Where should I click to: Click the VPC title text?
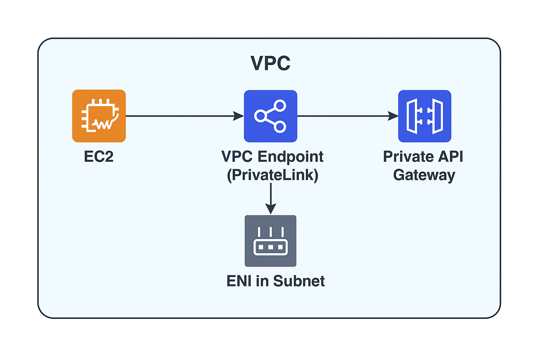click(270, 63)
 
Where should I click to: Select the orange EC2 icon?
click(99, 116)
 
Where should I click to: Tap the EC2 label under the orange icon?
click(99, 156)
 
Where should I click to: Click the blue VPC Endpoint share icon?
click(270, 116)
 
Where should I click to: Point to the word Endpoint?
click(290, 156)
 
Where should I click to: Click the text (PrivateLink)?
click(272, 175)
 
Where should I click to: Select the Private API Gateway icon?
click(424, 116)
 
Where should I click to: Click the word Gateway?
click(424, 175)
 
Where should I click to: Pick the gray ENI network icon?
click(270, 241)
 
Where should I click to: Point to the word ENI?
click(239, 281)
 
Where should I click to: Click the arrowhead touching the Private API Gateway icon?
click(393, 116)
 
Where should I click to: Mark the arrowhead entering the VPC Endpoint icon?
click(239, 116)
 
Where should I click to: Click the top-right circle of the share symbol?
click(280, 105)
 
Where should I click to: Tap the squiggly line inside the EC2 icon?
click(104, 124)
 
